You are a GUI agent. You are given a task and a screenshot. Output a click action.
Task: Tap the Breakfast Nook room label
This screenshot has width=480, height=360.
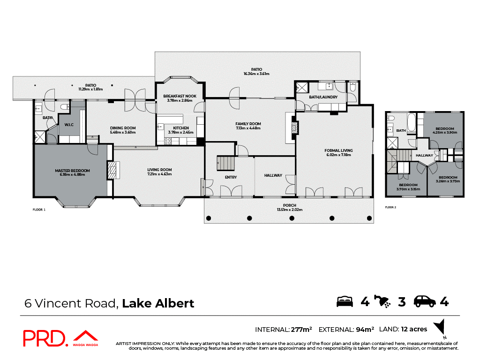(x=180, y=96)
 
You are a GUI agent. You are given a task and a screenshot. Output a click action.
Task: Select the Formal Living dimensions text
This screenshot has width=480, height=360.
(x=338, y=155)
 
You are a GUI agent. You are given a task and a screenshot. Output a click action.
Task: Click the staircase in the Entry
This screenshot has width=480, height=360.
(x=226, y=164)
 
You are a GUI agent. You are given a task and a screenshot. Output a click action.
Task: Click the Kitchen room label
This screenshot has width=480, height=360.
(x=181, y=128)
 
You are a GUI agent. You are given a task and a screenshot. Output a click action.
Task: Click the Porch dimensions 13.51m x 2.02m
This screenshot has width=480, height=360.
(x=289, y=210)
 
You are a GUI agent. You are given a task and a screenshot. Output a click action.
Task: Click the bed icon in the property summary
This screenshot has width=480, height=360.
(x=345, y=302)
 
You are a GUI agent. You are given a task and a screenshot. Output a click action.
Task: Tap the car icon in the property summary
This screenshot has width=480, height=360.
(x=424, y=302)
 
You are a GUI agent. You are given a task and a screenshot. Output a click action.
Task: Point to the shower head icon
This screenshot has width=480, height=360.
(x=383, y=301)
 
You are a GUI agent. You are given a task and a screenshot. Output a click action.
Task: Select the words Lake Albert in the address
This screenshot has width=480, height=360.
(x=158, y=303)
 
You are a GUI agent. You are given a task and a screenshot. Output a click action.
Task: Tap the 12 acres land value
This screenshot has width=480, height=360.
(x=414, y=329)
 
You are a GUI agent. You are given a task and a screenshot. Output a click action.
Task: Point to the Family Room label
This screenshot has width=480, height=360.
(x=248, y=124)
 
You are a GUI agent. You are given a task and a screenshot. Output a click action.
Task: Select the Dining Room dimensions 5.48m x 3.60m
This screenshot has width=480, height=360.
(x=123, y=132)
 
